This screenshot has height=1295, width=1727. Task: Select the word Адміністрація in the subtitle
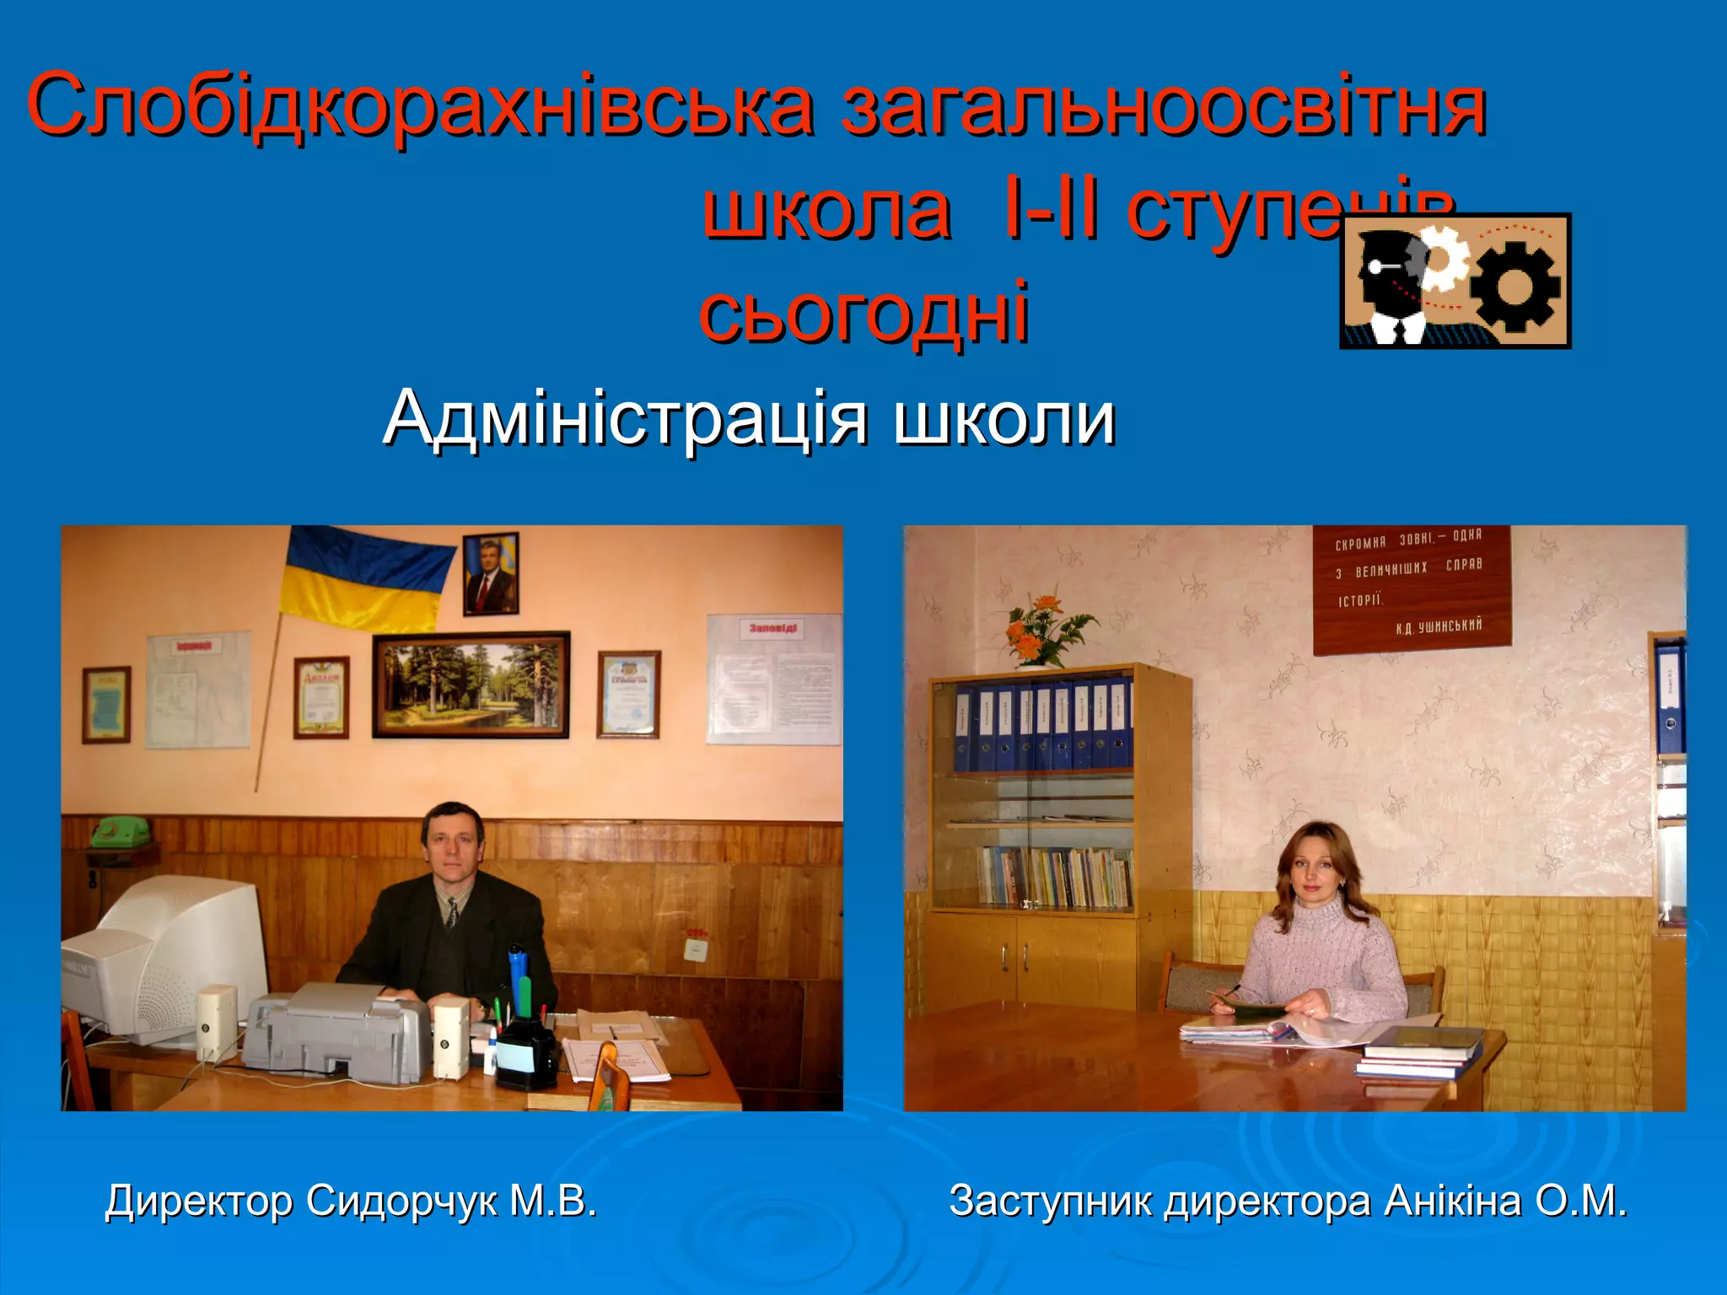point(625,417)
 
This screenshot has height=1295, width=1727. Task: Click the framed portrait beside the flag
point(491,573)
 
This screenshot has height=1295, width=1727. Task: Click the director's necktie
point(452,915)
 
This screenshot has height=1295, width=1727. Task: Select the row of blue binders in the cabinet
point(1042,727)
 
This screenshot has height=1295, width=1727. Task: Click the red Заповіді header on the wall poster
point(774,628)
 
